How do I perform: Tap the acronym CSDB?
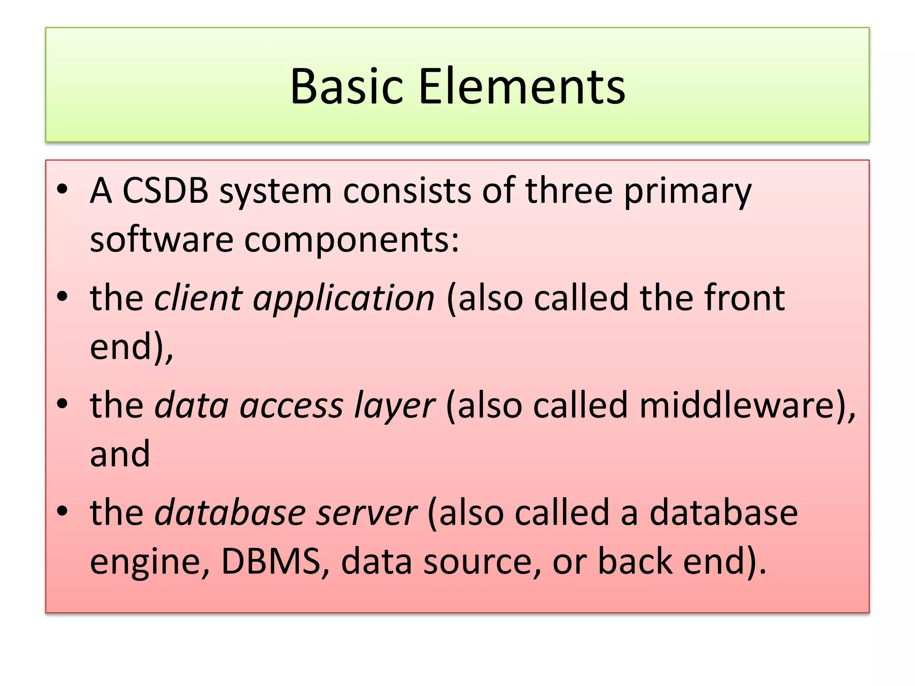pos(165,191)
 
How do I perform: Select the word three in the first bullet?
pos(568,191)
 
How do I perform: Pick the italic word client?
pos(198,298)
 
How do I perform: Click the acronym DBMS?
pos(271,561)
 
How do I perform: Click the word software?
pos(161,239)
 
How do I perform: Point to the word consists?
pos(407,191)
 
